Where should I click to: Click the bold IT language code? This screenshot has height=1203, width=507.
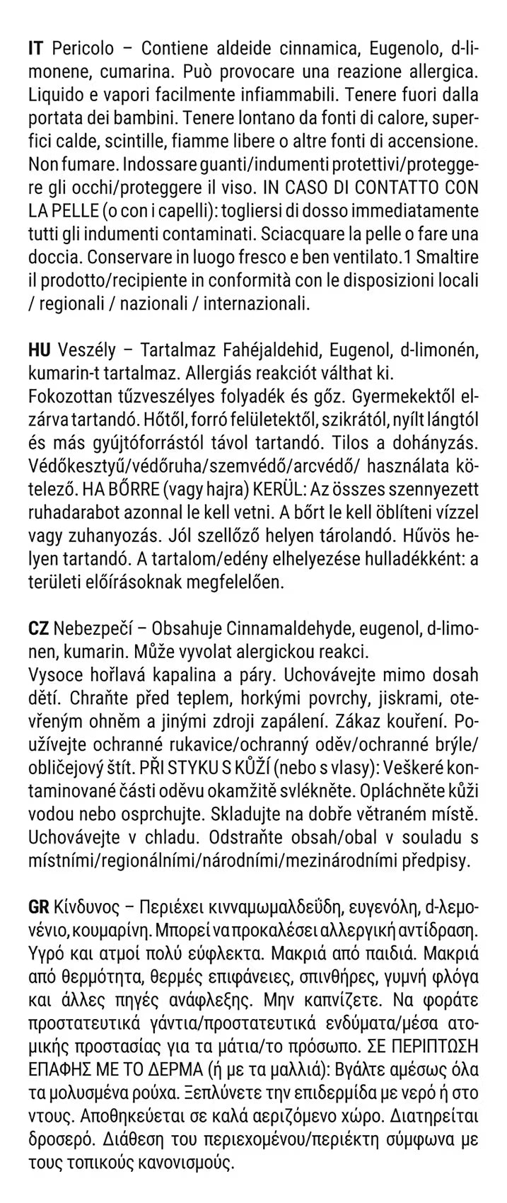pyautogui.click(x=37, y=49)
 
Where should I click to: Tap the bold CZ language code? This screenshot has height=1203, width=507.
pyautogui.click(x=38, y=629)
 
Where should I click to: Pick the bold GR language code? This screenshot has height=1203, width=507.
pyautogui.click(x=39, y=908)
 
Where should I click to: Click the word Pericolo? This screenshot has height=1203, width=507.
pyautogui.click(x=82, y=49)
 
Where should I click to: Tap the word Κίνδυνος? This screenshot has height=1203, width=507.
pyautogui.click(x=88, y=908)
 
